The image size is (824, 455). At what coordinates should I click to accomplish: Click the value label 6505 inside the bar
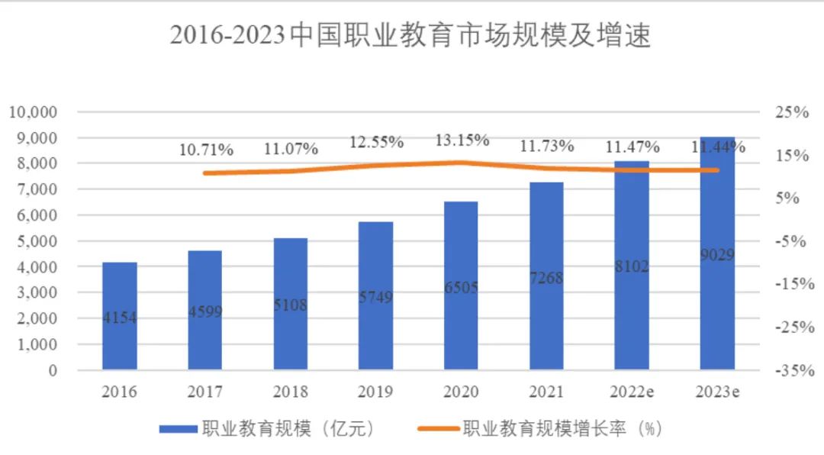460,287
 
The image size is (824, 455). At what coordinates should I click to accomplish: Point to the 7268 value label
546,278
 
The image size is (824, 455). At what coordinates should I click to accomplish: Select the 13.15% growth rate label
462,140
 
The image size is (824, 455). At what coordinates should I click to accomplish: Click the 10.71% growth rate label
206,150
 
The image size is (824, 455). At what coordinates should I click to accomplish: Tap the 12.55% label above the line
376,142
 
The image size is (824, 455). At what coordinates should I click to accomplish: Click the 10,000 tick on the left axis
34,112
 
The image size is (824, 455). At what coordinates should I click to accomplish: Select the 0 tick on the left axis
53,370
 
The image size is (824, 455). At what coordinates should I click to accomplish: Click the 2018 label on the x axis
290,392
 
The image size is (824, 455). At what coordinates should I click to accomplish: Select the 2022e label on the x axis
631,392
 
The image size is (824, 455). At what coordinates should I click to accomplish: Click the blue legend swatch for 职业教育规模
178,430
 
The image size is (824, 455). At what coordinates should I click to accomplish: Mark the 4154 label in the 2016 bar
120,318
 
